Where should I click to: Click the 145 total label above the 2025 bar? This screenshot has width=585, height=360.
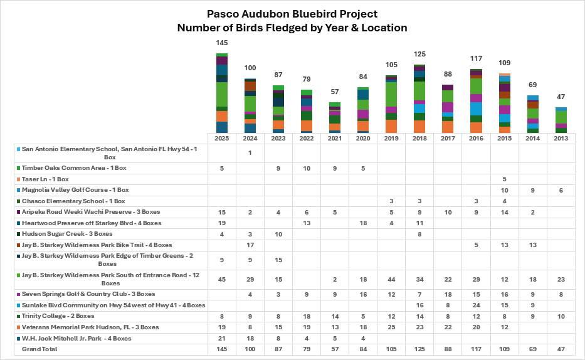point(221,43)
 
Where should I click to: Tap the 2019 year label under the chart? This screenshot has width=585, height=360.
point(391,139)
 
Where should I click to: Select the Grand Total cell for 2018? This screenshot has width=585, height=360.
point(419,349)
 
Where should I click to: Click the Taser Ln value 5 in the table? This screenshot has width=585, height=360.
point(504,179)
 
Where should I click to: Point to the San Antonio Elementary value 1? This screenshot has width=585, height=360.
point(250,152)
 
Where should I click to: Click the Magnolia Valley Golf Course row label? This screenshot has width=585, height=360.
point(75,190)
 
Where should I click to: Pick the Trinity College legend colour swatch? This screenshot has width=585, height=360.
point(18,316)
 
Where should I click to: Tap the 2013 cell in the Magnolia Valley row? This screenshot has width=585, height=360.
point(561,190)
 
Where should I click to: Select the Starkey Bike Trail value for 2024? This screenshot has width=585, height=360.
point(250,245)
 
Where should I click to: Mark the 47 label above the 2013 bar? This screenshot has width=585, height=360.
point(561,97)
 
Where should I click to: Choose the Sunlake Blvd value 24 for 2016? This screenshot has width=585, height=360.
point(476,305)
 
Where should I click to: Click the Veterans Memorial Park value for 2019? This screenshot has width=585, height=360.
point(391,327)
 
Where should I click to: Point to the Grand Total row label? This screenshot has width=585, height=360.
point(40,349)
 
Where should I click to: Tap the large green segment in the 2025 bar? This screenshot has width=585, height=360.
point(221,94)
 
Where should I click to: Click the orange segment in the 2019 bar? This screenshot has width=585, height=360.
point(391,126)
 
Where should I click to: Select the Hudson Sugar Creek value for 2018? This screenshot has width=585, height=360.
point(419,235)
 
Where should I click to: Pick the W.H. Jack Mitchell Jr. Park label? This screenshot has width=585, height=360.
point(76,339)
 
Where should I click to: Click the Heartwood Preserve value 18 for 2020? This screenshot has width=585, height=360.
point(363,223)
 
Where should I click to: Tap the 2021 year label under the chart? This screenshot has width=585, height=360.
point(335,139)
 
